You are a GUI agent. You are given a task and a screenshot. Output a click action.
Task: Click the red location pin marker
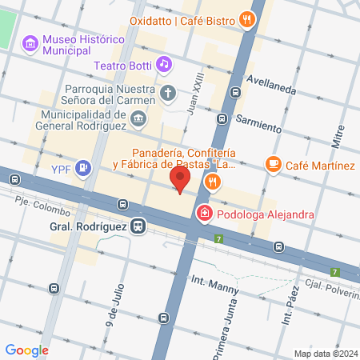pos(180,180)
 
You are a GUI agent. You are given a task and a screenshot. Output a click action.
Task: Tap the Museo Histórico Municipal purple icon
pos(30,42)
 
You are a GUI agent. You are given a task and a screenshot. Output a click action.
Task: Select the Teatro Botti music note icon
pos(164,62)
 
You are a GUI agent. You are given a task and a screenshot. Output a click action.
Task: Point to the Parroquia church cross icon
pos(168,93)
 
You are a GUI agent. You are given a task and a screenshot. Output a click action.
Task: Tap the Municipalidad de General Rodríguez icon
pos(139,120)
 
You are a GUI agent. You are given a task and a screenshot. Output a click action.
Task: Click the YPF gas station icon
pos(82,168)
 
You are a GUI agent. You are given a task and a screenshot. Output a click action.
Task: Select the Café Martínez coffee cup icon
pos(274,165)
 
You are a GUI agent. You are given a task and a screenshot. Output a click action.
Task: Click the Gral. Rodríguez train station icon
pos(139,226)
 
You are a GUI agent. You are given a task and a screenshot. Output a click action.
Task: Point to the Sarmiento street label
pos(258,122)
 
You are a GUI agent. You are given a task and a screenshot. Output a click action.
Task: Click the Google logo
pos(26,350)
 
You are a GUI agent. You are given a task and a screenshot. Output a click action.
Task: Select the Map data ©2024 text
pos(326,353)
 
